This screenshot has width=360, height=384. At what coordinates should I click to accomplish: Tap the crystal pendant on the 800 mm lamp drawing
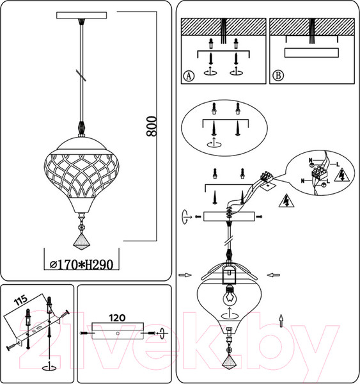81,238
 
